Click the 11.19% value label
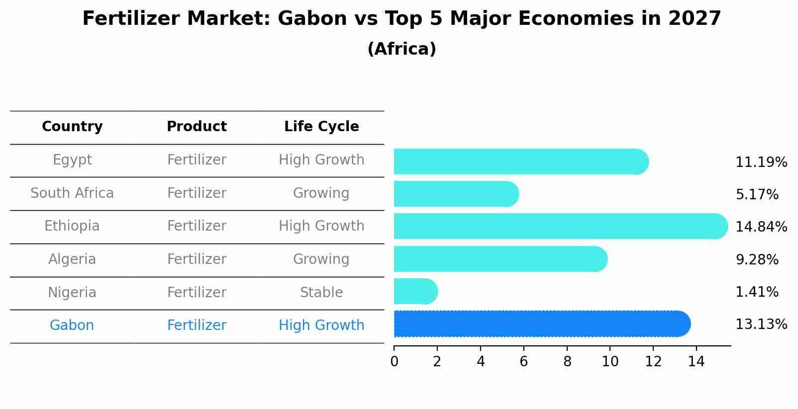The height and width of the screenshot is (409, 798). [761, 163]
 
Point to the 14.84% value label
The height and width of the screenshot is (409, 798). [761, 227]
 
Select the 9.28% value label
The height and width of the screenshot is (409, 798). [757, 260]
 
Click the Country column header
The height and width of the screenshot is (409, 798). [72, 127]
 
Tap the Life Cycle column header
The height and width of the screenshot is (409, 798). [321, 127]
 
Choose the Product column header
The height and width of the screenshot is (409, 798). [197, 127]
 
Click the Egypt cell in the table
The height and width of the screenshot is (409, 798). [72, 160]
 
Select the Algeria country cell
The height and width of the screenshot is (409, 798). [72, 259]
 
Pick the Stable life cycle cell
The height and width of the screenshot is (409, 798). [321, 293]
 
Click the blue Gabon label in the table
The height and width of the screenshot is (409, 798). [72, 326]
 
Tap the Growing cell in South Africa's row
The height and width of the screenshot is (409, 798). [321, 193]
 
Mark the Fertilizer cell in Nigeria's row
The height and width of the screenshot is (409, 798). [197, 293]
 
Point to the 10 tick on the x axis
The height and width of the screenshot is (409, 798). [610, 362]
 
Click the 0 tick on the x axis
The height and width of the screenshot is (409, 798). [394, 362]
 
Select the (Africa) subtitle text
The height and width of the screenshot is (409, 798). [401, 49]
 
